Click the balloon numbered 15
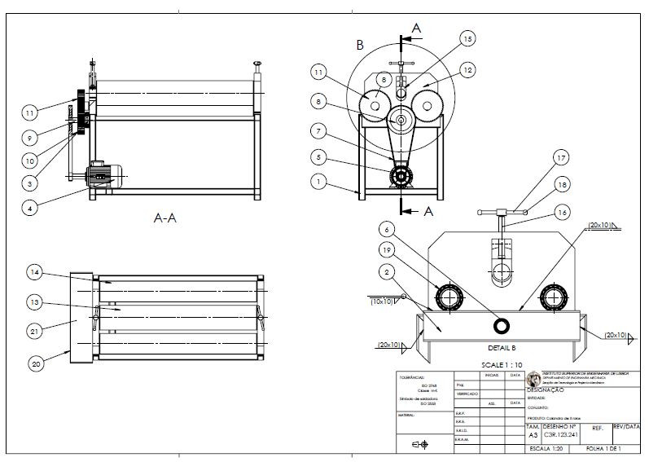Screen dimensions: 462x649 click(x=467, y=38)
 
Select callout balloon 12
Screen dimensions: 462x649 click(x=466, y=71)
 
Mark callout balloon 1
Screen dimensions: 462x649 click(x=318, y=183)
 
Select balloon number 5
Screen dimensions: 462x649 click(x=318, y=156)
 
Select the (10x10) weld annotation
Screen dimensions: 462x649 click(x=382, y=301)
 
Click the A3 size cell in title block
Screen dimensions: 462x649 click(x=533, y=436)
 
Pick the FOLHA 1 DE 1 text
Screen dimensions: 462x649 click(x=603, y=448)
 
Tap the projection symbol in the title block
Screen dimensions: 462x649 click(x=421, y=444)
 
